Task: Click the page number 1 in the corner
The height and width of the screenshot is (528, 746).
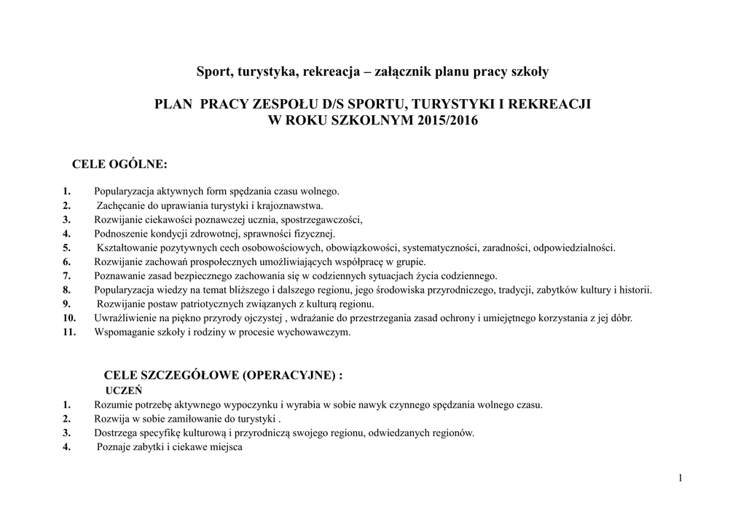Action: coord(679,478)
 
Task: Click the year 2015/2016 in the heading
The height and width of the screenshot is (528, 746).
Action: coord(448,120)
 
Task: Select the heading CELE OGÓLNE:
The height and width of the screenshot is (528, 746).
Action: coord(119,164)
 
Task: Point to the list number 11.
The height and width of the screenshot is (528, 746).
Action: coord(69,332)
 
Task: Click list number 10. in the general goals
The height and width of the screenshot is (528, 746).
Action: coord(69,318)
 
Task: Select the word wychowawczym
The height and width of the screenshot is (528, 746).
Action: coord(318,332)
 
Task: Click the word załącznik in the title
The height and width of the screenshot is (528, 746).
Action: coord(402,71)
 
